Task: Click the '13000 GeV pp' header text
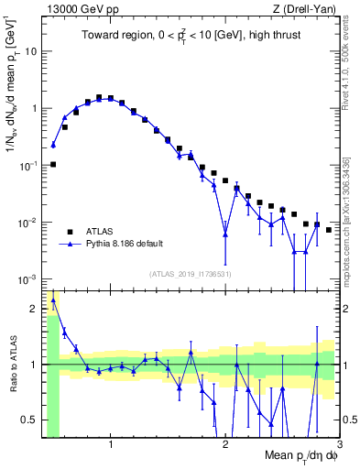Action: pyautogui.click(x=81, y=9)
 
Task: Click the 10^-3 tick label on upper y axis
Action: pyautogui.click(x=27, y=278)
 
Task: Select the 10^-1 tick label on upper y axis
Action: pyautogui.click(x=27, y=165)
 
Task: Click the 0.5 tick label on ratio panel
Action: pyautogui.click(x=29, y=420)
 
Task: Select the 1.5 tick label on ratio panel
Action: pyautogui.click(x=29, y=308)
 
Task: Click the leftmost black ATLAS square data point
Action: pyautogui.click(x=53, y=164)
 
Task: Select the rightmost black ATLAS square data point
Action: pyautogui.click(x=329, y=230)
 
